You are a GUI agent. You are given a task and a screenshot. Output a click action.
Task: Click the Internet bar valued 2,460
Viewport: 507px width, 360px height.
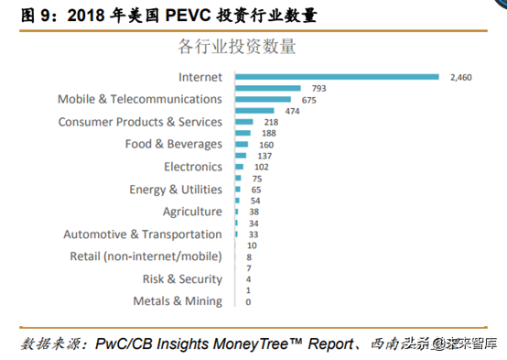[337, 77]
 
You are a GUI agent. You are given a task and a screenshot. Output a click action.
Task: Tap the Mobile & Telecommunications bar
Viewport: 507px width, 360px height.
[264, 99]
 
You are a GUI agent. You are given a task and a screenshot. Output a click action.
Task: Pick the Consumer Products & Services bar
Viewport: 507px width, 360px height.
[244, 122]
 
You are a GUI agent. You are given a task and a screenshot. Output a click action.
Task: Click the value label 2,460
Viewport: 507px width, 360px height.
[460, 78]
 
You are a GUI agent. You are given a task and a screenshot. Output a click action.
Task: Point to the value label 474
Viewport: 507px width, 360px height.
[293, 111]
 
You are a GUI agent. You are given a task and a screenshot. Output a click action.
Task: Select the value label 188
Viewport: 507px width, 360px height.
[268, 134]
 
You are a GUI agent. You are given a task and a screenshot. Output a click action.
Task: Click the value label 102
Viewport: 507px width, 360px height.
[262, 168]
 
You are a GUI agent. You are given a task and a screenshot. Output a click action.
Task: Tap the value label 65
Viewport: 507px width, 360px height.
[256, 190]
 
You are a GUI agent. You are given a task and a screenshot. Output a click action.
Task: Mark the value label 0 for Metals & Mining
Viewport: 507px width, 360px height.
[248, 301]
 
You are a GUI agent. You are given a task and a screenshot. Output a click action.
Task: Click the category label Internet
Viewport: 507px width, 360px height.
[200, 77]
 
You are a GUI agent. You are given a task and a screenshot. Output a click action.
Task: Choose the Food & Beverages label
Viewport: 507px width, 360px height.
[173, 144]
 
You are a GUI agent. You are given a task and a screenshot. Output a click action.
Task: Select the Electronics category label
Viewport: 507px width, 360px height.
[192, 167]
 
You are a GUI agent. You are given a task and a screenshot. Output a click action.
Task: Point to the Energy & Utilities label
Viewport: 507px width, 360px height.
[176, 189]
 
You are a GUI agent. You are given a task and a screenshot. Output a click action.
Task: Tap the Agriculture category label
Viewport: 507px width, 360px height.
[192, 212]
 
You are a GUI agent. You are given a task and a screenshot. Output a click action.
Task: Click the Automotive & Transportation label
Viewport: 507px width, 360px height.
[142, 234]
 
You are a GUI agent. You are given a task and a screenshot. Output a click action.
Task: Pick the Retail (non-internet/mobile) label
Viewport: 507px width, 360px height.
[146, 256]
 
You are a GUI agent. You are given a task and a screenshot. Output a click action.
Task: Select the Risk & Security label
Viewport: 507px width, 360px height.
[181, 278]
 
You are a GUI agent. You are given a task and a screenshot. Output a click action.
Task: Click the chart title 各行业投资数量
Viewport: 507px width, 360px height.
[236, 45]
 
